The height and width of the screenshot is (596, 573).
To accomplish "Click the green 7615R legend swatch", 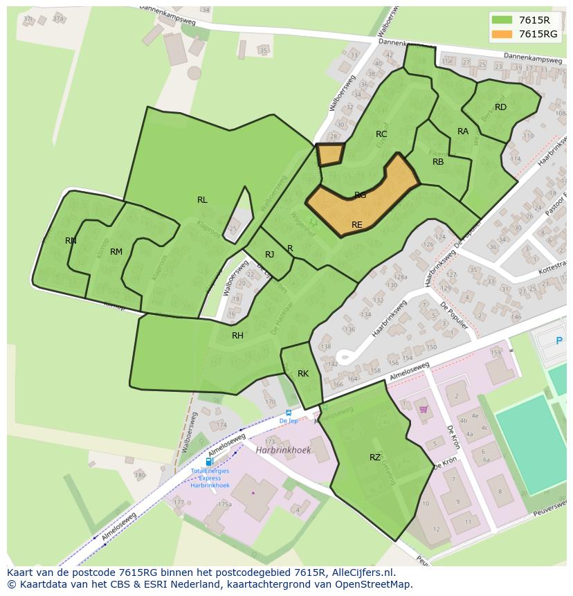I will coord(502,20).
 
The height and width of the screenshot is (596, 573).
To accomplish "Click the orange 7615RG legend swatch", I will coord(502,34).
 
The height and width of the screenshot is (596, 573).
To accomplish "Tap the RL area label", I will coord(202,200).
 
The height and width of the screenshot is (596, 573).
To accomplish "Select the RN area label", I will coord(71,241).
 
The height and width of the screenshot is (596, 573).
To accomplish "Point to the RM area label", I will coord(116,252).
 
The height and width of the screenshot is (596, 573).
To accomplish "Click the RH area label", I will coord(237,336).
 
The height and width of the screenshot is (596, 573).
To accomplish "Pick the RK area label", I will coord(303,374).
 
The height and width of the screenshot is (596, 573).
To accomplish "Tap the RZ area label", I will coord(375,458).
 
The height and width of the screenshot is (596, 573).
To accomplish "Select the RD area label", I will coord(500,107).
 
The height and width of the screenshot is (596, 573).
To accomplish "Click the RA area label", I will coord(463,132).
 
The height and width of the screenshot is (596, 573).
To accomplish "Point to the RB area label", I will coord(438,162).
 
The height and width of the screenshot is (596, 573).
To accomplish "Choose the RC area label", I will coord(381,134).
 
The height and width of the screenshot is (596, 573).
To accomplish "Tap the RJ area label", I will coord(270,255).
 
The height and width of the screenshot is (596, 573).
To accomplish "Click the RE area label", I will coord(357,225).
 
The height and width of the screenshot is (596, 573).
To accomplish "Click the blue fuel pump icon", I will coord(209,462).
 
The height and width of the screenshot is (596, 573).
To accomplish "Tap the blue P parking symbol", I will coord(559,341).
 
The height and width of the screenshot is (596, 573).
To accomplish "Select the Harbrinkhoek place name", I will coord(283,450).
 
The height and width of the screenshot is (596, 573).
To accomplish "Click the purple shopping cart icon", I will coord(423,409).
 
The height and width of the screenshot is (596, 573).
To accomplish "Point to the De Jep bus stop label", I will coord(289,421).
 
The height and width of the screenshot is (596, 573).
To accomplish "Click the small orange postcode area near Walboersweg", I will coord(330,154).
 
